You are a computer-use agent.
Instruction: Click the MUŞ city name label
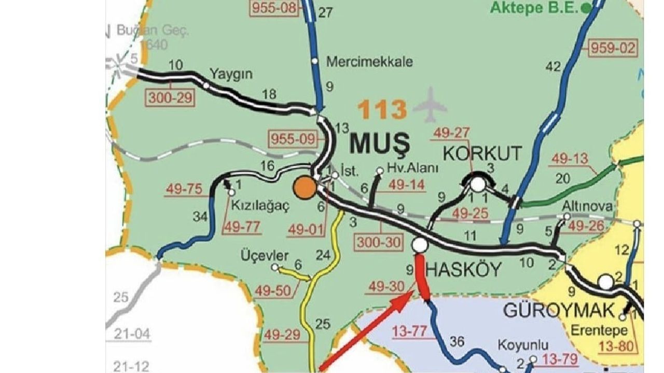click(380, 144)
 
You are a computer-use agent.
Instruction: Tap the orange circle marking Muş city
click(305, 188)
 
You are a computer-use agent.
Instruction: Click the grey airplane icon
click(430, 106)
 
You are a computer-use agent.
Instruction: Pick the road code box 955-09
click(293, 139)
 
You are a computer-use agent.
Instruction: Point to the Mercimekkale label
click(369, 62)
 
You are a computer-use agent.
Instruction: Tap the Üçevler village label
click(265, 256)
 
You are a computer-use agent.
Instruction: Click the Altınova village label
click(587, 207)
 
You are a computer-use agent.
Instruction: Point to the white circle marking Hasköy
click(420, 245)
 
